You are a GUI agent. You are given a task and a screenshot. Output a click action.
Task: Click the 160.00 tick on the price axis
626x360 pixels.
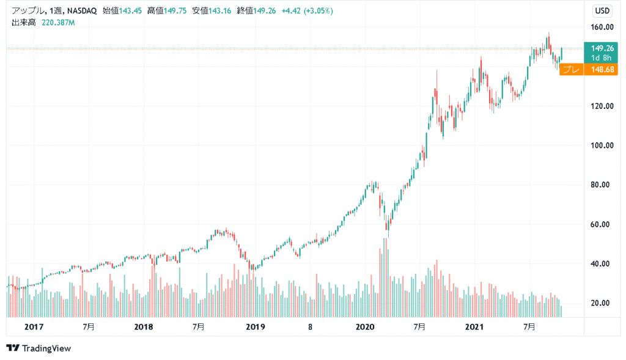tap(603, 27)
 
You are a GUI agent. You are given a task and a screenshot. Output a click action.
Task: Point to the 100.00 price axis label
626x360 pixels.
tap(603, 145)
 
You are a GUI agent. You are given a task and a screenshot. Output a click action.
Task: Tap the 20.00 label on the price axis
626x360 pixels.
tap(603, 303)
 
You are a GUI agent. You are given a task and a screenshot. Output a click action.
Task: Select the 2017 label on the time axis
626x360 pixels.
tap(34, 327)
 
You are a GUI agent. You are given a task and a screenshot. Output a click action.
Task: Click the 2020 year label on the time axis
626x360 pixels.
tap(364, 327)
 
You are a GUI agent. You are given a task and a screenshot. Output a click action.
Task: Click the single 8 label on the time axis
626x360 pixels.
tap(310, 327)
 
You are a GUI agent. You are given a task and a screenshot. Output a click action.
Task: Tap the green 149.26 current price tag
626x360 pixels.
tap(602, 48)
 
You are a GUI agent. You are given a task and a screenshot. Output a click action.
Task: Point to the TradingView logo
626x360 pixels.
tap(39, 348)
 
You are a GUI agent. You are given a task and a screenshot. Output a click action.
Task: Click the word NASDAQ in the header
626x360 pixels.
tap(78, 10)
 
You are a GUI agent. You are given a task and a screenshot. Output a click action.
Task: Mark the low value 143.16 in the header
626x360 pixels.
tap(219, 10)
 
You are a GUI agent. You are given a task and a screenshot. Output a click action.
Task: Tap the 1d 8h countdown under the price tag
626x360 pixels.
tap(602, 57)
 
